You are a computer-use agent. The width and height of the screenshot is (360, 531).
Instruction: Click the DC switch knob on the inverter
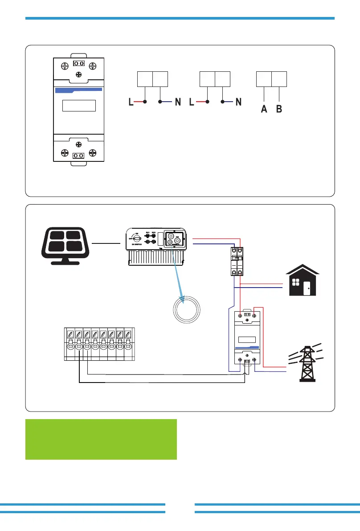tap(137, 239)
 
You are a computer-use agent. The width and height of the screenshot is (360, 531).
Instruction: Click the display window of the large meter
tap(79, 106)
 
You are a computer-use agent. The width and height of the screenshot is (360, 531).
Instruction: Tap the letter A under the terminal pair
tap(264, 110)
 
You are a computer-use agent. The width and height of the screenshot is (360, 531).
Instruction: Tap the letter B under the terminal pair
tap(279, 110)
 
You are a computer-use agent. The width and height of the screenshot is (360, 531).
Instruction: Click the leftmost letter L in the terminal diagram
tap(131, 103)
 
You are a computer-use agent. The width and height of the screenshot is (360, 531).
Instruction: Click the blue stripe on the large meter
tap(79, 91)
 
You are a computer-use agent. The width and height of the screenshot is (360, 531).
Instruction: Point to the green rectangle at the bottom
tap(101, 439)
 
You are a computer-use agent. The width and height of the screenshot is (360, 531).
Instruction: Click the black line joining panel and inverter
tap(106, 243)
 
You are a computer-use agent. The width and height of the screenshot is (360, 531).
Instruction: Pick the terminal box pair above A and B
tap(271, 78)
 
